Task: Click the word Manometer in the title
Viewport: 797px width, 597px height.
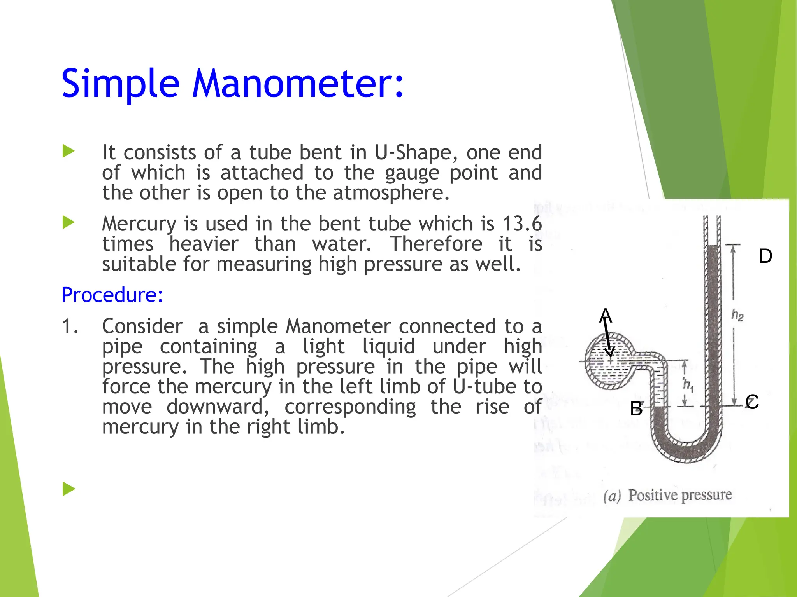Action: coord(298,84)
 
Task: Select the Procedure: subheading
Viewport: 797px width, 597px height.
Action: coord(112,295)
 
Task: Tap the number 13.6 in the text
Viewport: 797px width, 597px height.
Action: coord(522,224)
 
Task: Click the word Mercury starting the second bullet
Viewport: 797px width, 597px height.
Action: coord(136,225)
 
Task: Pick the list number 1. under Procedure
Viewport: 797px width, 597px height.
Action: coord(70,326)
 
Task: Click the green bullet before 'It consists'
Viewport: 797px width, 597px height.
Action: coord(68,151)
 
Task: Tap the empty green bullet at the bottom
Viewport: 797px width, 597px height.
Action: coord(68,489)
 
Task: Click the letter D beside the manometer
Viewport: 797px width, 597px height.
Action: coord(765,256)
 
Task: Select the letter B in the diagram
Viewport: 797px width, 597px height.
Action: coord(636,408)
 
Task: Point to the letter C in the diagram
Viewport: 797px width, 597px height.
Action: coord(752,401)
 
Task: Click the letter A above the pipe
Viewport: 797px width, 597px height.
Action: coord(606,315)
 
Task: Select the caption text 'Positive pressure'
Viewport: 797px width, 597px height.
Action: coord(680,495)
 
